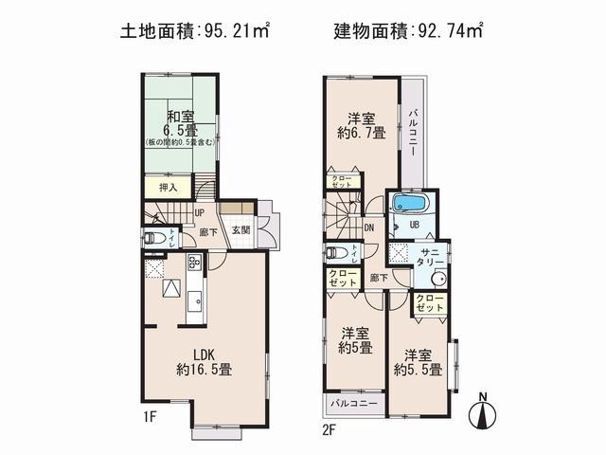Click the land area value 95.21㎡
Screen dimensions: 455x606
click(x=238, y=30)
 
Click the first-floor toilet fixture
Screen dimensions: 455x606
click(x=154, y=237)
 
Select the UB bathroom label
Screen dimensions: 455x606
click(x=415, y=225)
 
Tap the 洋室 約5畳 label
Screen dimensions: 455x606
click(x=354, y=339)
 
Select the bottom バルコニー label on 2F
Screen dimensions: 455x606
click(x=354, y=405)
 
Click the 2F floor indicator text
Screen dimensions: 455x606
click(x=329, y=426)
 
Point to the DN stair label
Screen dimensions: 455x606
click(x=368, y=227)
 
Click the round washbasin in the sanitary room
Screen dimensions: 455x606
click(x=437, y=280)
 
